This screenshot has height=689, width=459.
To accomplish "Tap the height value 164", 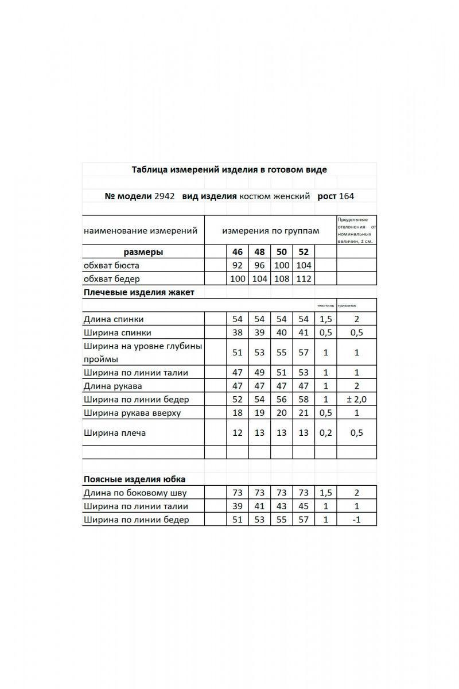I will click(x=347, y=196).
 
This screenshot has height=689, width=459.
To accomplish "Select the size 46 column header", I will click(x=238, y=252).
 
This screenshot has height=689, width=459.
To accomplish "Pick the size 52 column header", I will click(x=304, y=252).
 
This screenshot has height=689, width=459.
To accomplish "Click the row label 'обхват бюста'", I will click(x=111, y=266).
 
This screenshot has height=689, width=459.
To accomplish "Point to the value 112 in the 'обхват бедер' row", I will click(x=304, y=279).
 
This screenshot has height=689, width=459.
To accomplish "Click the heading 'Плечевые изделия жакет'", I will click(x=139, y=292).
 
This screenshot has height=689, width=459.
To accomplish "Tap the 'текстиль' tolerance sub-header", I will click(x=325, y=306).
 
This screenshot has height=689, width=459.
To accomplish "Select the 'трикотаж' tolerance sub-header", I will click(x=347, y=306).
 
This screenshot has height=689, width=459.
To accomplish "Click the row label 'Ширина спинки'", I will click(x=118, y=332).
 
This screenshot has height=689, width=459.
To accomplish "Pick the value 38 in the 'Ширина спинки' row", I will click(x=238, y=332).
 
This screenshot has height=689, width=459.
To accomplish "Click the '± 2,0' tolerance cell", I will click(x=356, y=400).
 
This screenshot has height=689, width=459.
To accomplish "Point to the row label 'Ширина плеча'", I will click(x=115, y=433).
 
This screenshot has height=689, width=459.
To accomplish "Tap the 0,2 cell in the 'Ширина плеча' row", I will click(x=325, y=433).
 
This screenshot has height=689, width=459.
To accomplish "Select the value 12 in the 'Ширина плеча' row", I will click(x=238, y=433).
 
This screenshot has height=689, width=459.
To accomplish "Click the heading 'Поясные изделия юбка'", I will click(x=134, y=479).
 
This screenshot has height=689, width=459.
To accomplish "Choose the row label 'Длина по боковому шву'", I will click(x=135, y=493).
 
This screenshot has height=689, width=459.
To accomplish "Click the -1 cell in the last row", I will click(x=356, y=520).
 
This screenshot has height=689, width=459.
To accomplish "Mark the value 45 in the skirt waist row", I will click(x=304, y=506).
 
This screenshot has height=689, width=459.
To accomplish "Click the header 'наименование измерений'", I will click(x=141, y=231).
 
